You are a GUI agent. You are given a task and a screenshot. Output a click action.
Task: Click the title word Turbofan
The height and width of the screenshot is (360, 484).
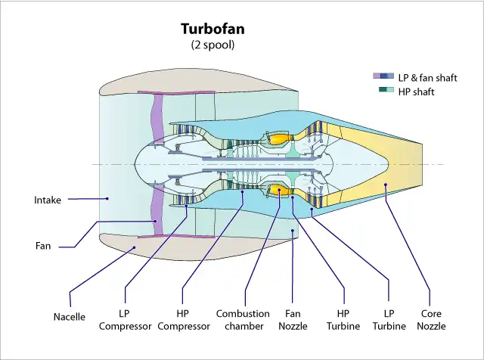[213, 29]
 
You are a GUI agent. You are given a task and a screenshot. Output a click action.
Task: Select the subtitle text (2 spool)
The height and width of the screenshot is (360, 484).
[213, 45]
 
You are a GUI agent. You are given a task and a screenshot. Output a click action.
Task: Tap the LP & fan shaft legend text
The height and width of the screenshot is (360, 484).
[428, 78]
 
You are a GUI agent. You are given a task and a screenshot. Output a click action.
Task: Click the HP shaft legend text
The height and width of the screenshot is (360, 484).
[416, 92]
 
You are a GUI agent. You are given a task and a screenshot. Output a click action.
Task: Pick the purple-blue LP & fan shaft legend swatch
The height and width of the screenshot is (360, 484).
[383, 77]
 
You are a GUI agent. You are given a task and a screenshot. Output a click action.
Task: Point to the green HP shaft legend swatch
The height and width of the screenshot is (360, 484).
[386, 91]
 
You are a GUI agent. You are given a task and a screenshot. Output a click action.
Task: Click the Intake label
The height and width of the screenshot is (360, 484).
[47, 200]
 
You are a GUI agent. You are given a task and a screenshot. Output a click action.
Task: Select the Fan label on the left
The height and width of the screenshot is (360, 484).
[43, 246]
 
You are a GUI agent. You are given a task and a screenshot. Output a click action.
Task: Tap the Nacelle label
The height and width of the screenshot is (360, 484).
[70, 317]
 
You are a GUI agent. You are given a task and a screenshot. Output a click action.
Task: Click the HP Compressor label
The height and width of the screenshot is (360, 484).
[184, 319]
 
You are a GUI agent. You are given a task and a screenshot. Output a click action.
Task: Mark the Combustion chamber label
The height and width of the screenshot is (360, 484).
[243, 319]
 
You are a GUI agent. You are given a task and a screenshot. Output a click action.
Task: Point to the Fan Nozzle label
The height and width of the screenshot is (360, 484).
[293, 319]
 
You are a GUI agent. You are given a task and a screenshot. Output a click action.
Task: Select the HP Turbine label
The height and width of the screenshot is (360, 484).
[343, 319]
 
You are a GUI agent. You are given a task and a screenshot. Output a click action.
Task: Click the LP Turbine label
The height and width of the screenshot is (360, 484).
[389, 319]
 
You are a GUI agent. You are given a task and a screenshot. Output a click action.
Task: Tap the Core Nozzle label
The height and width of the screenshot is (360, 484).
[432, 319]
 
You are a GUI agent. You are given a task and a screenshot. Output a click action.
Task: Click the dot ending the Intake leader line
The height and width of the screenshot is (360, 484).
[107, 199]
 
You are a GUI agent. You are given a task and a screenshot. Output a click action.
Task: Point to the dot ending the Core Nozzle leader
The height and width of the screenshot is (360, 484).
[385, 185]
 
